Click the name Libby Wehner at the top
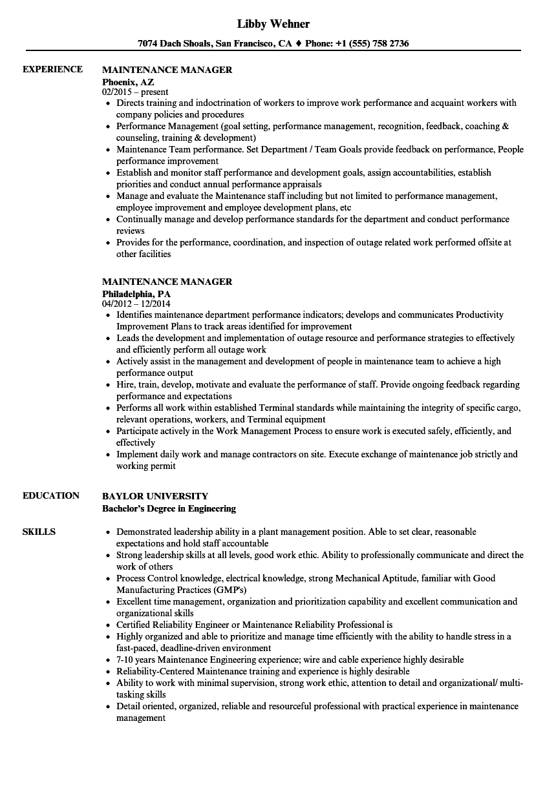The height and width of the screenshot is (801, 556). click(273, 24)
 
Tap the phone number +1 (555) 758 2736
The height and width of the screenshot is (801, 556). click(374, 43)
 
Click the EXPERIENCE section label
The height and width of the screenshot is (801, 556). click(52, 69)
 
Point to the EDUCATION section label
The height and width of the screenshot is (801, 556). click(50, 495)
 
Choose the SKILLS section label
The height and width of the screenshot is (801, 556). click(39, 532)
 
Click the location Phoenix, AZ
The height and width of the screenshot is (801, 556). click(128, 82)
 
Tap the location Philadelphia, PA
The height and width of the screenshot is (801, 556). click(136, 294)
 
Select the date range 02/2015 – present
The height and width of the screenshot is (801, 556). click(135, 92)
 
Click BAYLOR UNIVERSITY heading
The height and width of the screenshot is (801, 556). click(155, 496)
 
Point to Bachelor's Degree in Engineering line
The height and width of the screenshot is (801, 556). click(169, 508)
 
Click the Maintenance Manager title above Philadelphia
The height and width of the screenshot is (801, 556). click(167, 282)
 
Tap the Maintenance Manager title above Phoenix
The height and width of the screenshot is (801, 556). click(167, 70)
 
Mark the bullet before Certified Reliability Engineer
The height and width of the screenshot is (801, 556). click(107, 625)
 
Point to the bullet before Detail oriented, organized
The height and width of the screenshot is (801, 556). click(107, 707)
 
